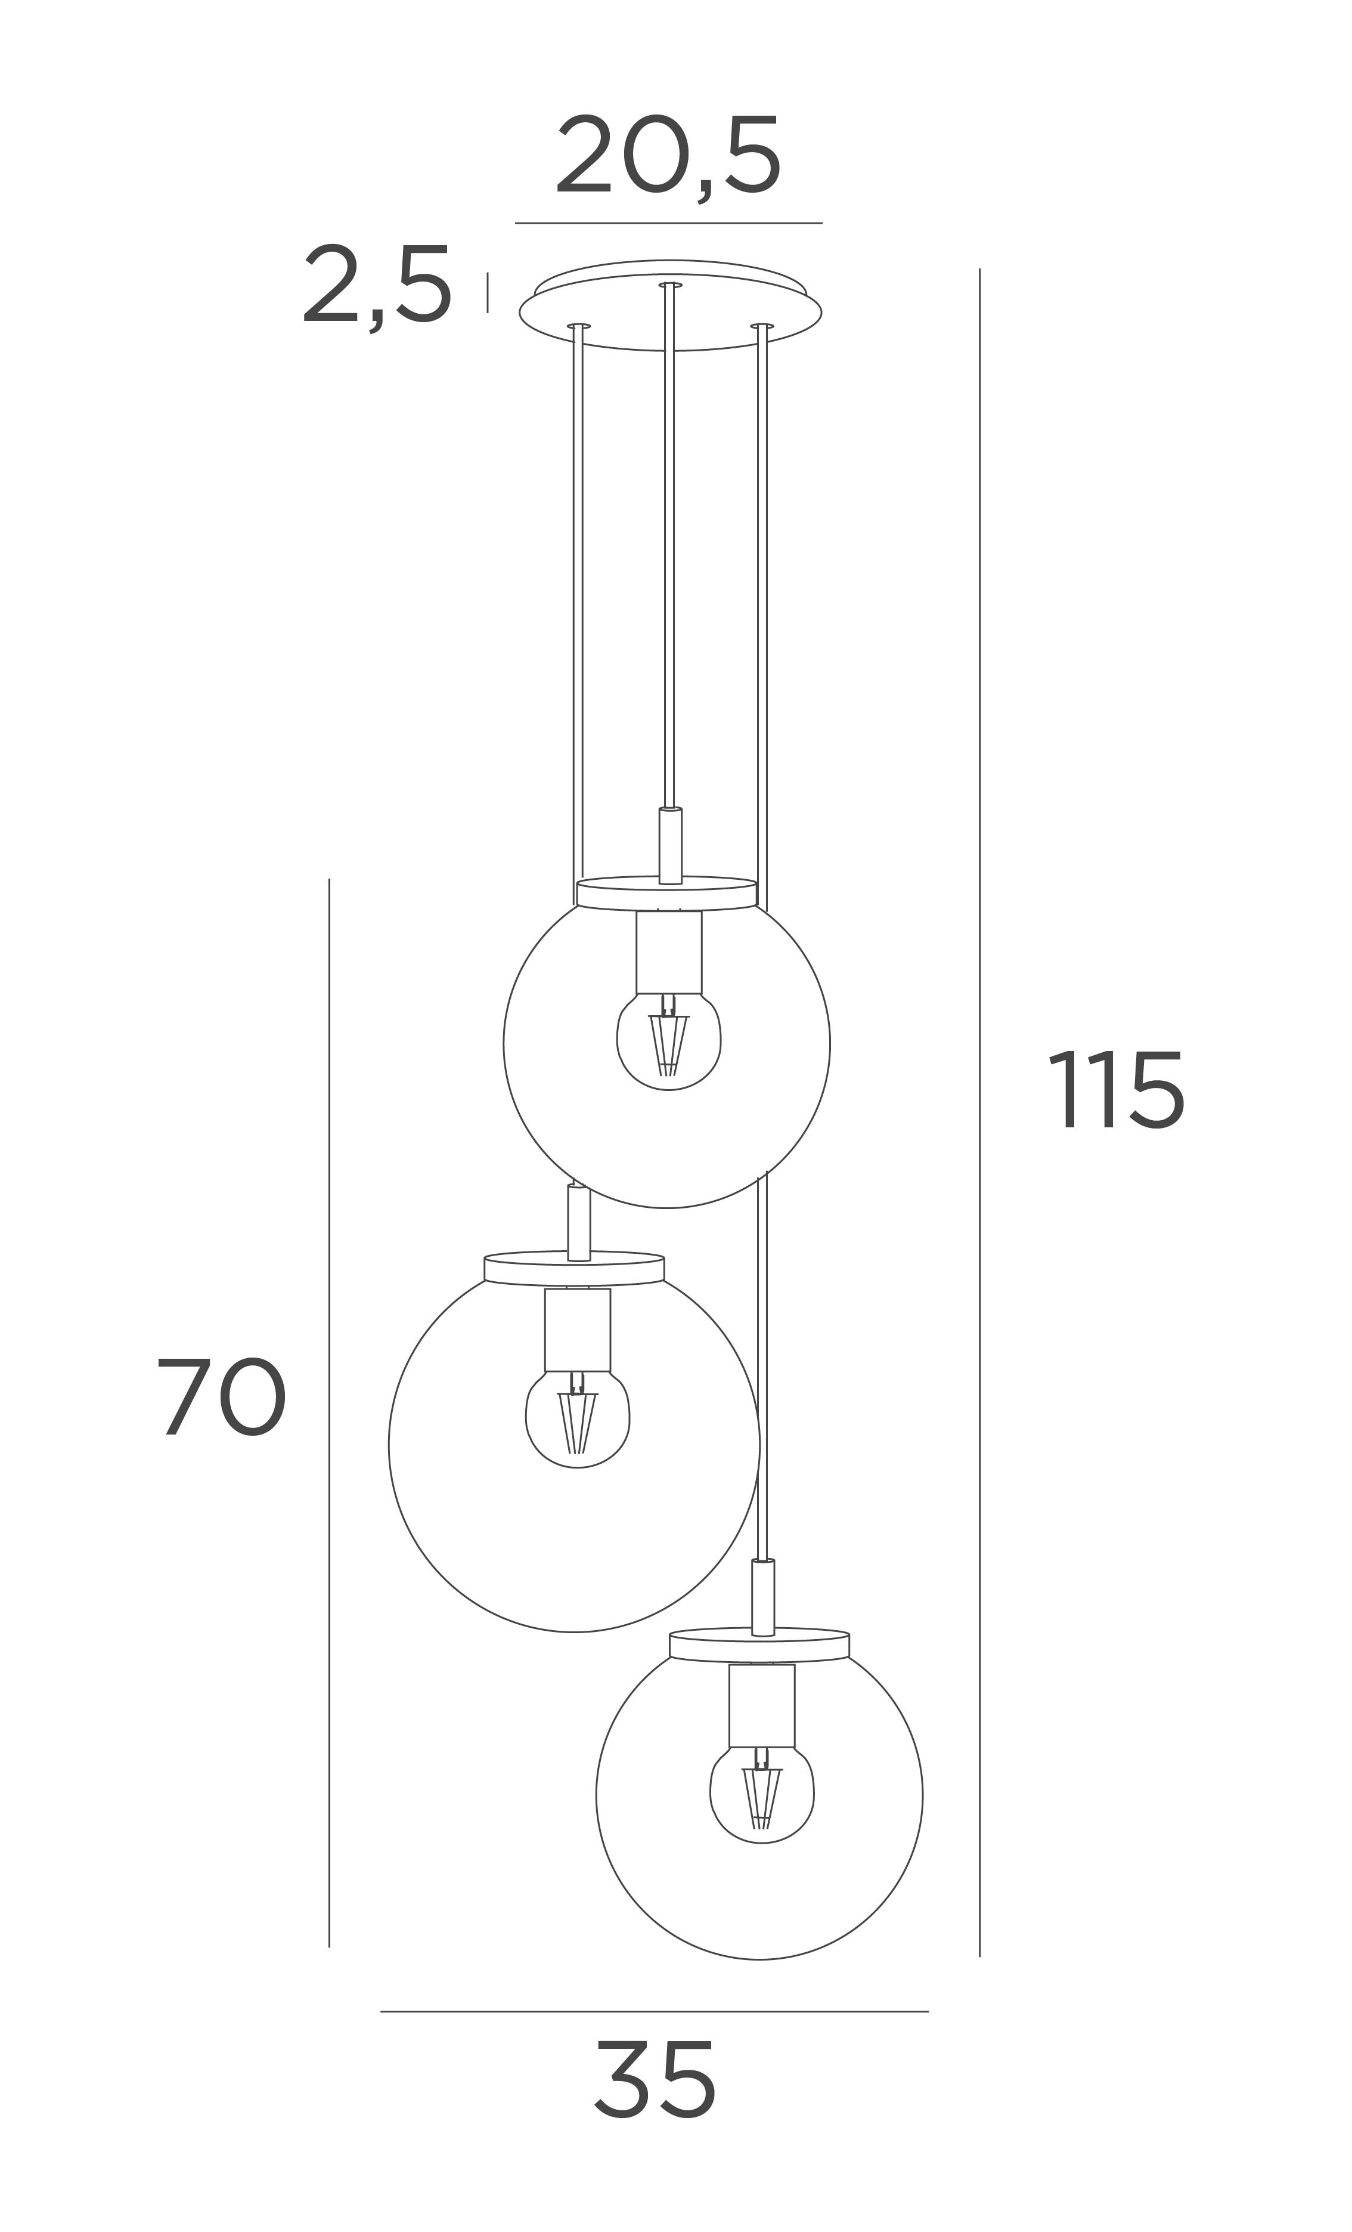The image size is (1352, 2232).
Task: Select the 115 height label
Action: coord(1116,1090)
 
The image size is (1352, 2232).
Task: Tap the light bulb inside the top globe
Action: coord(668,1044)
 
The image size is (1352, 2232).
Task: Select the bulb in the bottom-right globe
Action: coord(762,1797)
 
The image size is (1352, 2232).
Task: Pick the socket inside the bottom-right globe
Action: coord(762,1706)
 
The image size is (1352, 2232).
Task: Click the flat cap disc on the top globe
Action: coord(666,893)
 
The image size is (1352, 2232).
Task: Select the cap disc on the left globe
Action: coord(574,1268)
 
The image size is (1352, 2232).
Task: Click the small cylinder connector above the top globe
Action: coord(670,845)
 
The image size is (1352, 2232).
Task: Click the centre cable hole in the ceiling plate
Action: coord(670,285)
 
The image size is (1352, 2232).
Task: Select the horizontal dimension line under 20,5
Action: coord(668,223)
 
